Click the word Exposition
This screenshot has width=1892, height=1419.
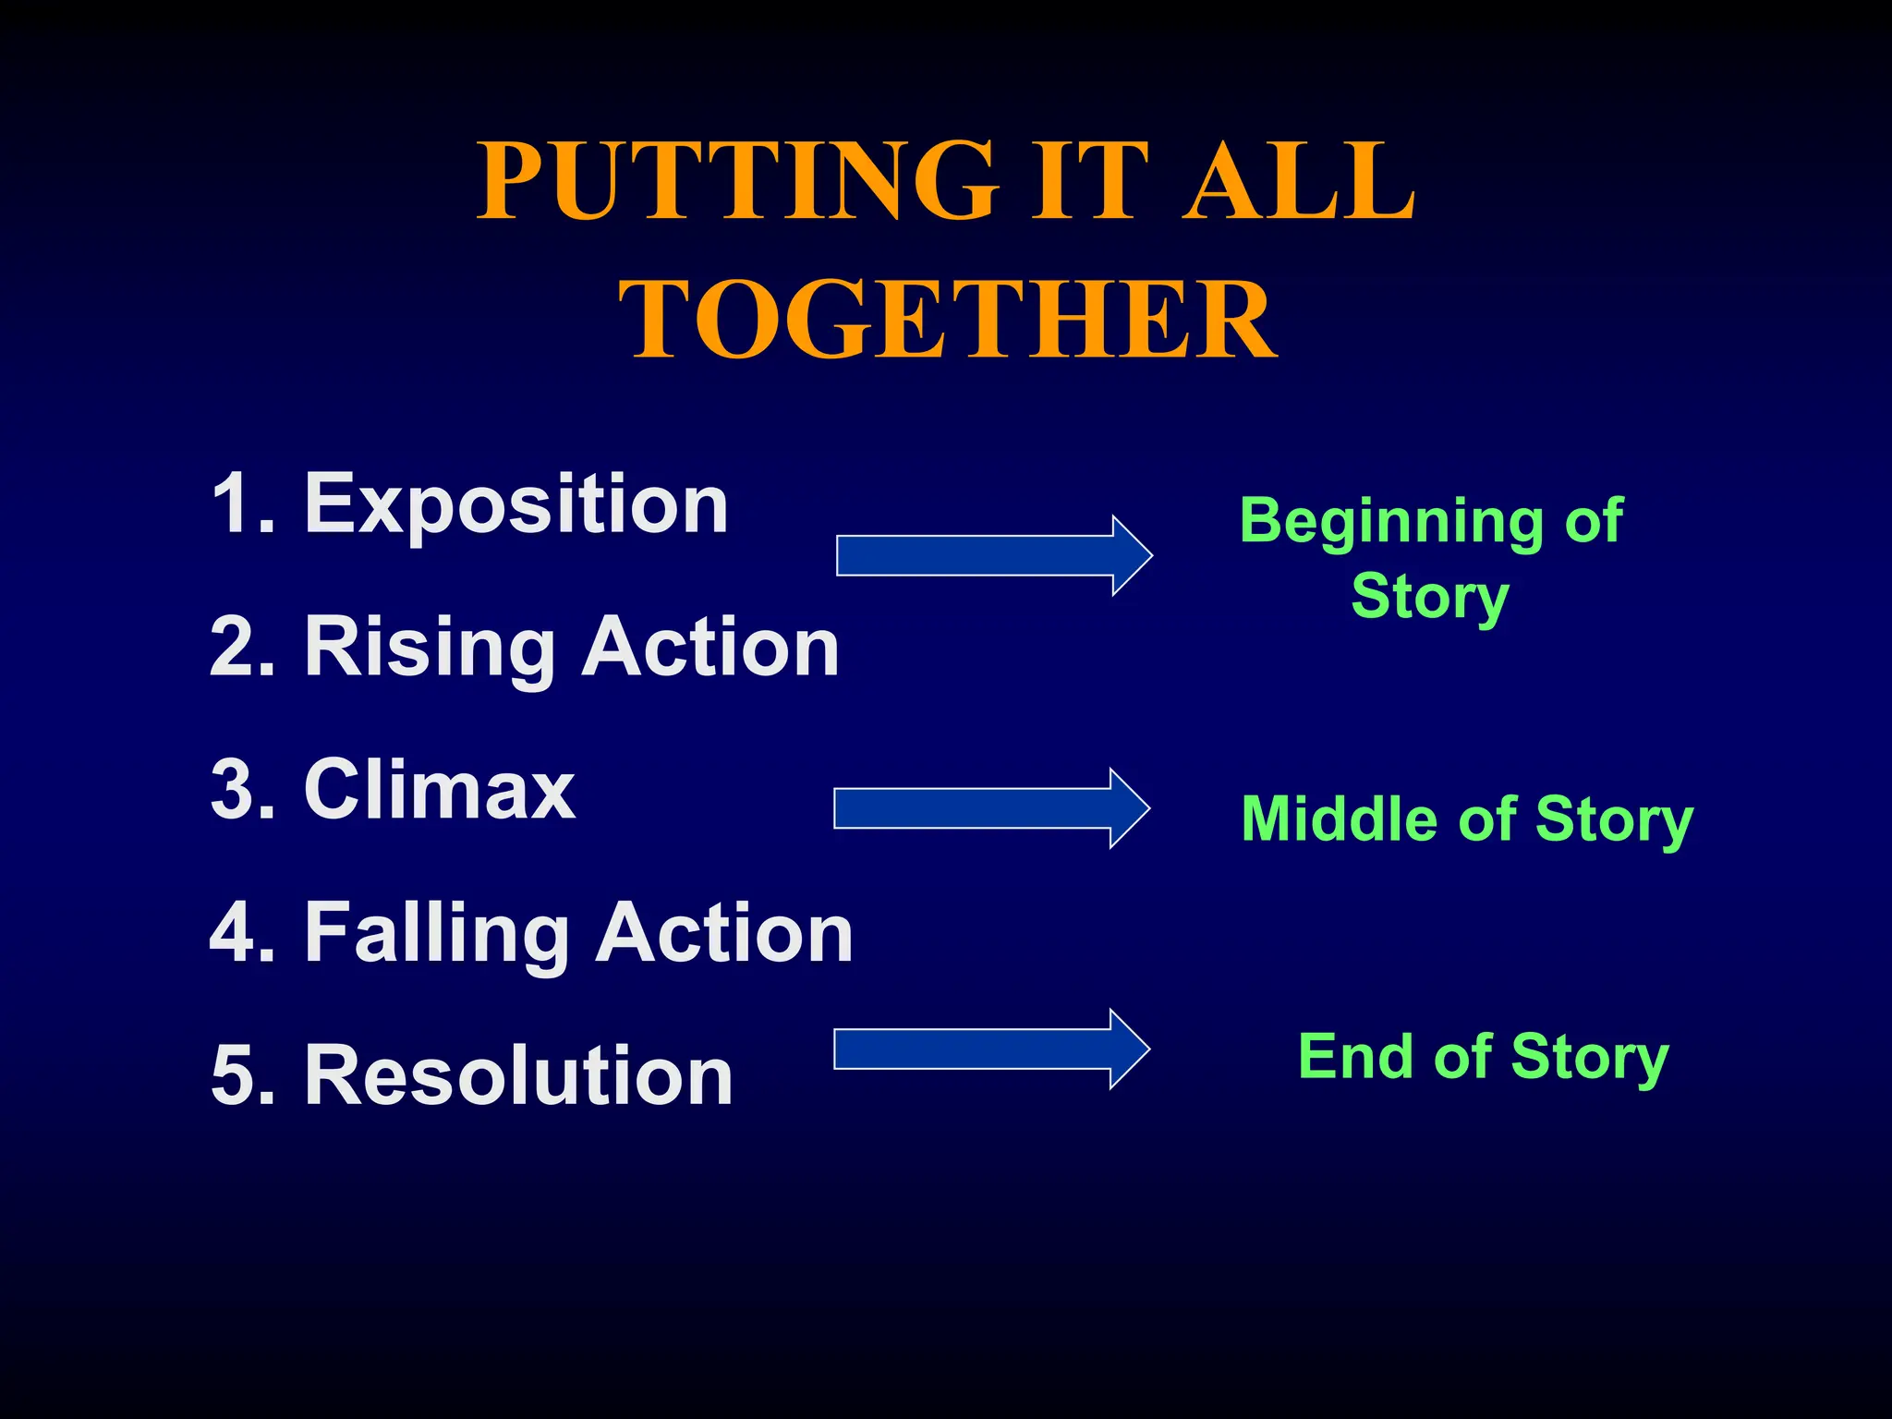coord(516,505)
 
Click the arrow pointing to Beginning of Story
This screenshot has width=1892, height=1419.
coord(992,555)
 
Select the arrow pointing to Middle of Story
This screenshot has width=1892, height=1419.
coord(990,808)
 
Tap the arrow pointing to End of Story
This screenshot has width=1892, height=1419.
coord(990,1049)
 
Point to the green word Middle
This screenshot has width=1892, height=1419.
coord(1340,819)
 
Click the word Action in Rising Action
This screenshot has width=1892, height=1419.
coord(710,649)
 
